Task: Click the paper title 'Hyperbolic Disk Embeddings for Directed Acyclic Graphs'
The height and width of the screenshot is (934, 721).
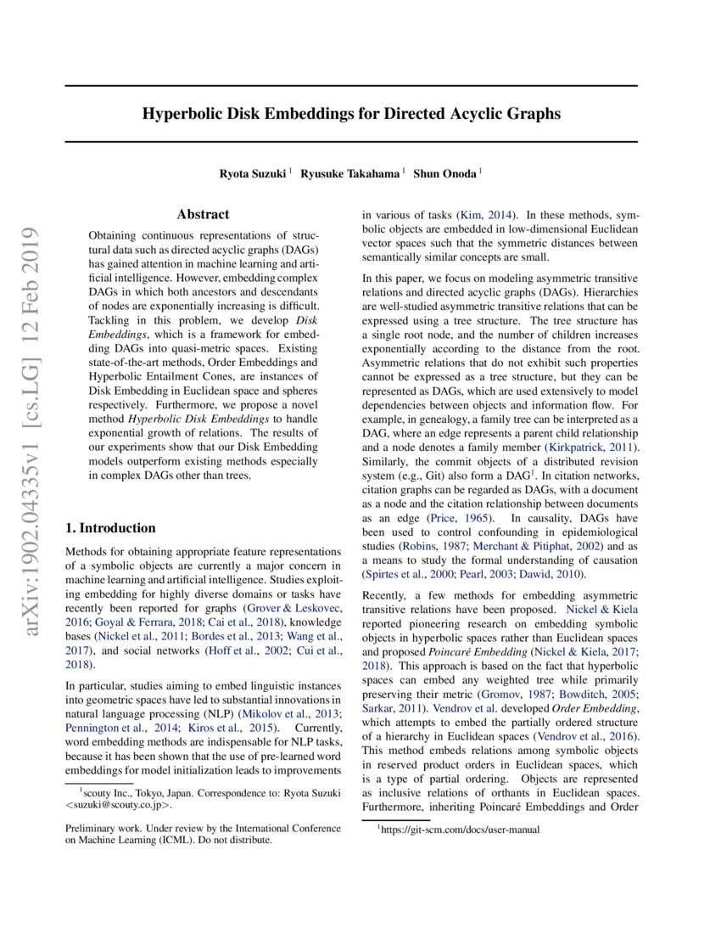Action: click(x=351, y=114)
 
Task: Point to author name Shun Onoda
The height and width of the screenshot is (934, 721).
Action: click(x=444, y=173)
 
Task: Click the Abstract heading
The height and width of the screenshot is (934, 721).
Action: click(x=203, y=215)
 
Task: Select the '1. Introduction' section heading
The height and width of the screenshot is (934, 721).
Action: click(x=110, y=527)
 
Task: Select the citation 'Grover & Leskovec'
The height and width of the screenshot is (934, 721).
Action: click(x=293, y=609)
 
